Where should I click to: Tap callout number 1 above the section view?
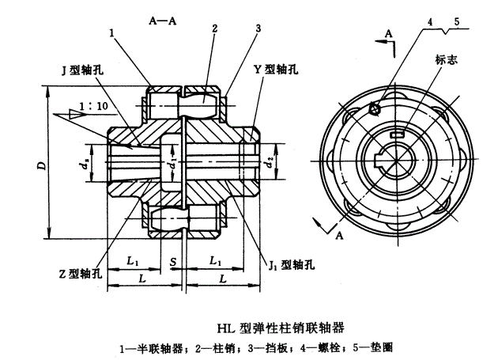(114, 33)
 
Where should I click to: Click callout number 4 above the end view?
(429, 25)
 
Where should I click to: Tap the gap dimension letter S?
(172, 261)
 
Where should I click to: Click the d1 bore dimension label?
(172, 165)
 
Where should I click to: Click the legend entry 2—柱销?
(215, 347)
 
